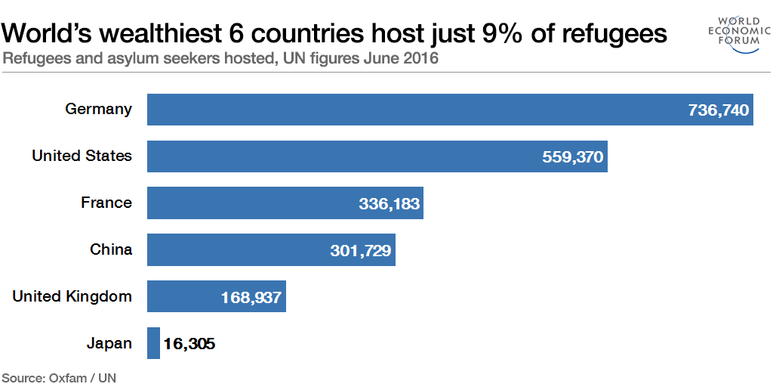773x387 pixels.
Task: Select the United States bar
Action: (x=340, y=156)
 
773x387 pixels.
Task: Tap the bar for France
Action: (x=249, y=203)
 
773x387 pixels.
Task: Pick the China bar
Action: (x=234, y=250)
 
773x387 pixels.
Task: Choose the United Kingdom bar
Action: (x=181, y=297)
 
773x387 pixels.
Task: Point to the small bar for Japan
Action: (x=153, y=343)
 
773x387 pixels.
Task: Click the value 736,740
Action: (x=718, y=110)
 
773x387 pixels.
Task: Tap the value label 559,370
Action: (x=573, y=157)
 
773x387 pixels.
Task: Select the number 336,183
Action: (x=389, y=204)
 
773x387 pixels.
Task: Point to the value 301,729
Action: (x=361, y=251)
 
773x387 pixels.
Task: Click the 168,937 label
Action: (x=251, y=298)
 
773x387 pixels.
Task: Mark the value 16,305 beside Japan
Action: (x=189, y=344)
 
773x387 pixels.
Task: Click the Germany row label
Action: (x=98, y=109)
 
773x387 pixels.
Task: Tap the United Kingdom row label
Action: (x=72, y=296)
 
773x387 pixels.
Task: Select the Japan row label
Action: (x=109, y=343)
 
